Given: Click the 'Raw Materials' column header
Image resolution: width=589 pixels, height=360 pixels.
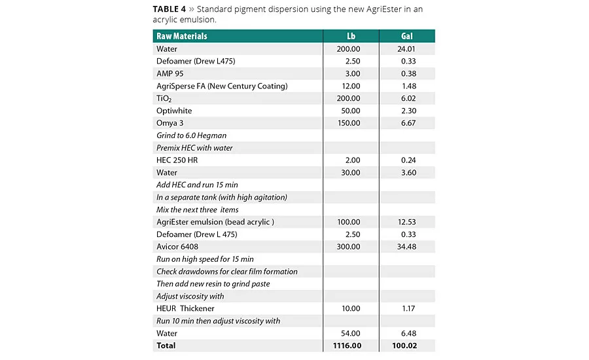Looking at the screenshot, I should (x=181, y=36).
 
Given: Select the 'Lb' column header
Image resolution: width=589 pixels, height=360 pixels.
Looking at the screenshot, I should (x=351, y=36).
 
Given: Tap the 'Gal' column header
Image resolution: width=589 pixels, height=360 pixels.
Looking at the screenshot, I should (x=406, y=36).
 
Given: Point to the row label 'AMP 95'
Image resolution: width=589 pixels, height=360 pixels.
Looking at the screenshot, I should (x=170, y=73).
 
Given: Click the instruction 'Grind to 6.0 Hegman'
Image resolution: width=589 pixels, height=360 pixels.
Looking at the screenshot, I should (x=191, y=135).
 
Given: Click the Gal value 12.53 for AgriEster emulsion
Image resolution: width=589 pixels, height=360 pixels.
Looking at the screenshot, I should (x=406, y=222).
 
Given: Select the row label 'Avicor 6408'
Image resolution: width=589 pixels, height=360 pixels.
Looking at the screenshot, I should (x=177, y=247).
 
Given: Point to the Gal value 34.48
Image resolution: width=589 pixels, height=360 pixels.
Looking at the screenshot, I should (x=406, y=247).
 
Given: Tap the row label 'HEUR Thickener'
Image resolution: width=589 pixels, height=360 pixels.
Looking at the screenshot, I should (x=185, y=308).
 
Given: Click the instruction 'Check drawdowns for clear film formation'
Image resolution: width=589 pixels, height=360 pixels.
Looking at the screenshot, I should (x=226, y=271).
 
